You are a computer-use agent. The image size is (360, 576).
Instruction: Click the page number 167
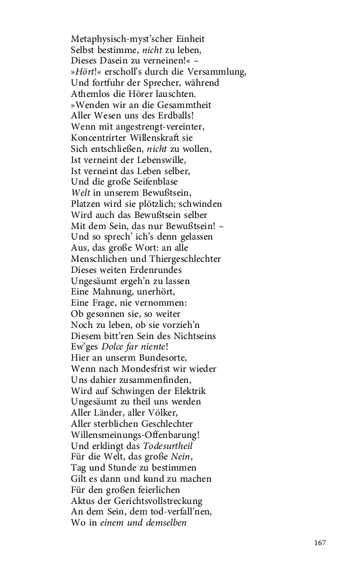tap(319, 543)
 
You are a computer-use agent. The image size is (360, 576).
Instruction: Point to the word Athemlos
tap(91, 94)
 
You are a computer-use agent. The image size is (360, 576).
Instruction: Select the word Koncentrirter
tap(101, 138)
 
